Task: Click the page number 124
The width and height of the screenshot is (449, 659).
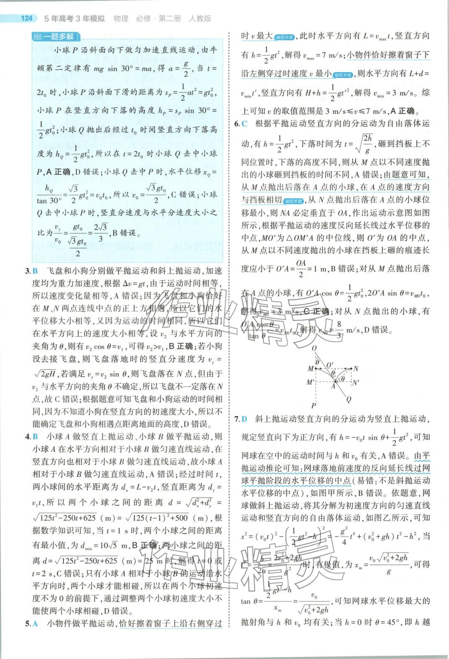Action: (x=26, y=18)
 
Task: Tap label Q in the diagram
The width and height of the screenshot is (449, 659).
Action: (x=348, y=399)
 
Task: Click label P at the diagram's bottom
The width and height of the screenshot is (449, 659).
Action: (x=313, y=405)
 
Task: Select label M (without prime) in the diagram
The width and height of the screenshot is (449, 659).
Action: (x=310, y=369)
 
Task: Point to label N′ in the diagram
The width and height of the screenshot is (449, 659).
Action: (x=357, y=382)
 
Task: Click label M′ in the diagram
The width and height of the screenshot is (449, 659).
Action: (x=310, y=382)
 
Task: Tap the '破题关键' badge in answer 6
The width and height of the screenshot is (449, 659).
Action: (x=293, y=200)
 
